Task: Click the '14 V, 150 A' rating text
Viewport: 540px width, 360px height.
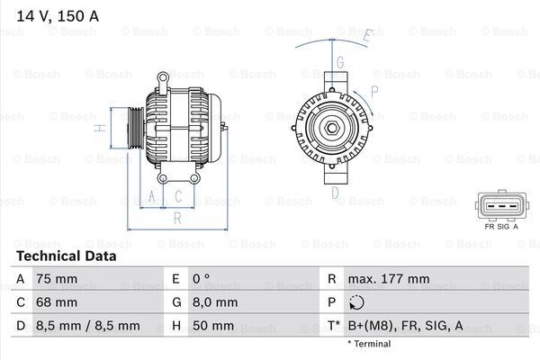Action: pyautogui.click(x=58, y=16)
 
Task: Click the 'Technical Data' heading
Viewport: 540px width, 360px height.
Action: pyautogui.click(x=67, y=256)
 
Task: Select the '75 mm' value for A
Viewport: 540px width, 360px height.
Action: pyautogui.click(x=57, y=279)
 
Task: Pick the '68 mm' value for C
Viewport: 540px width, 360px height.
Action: pyautogui.click(x=57, y=302)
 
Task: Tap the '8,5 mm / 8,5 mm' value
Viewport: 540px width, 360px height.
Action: pyautogui.click(x=88, y=326)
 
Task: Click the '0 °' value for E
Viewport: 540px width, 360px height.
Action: pyautogui.click(x=201, y=279)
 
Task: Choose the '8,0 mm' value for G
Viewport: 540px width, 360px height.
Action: pyautogui.click(x=215, y=302)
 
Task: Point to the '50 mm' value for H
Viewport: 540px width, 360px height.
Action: pyautogui.click(x=213, y=326)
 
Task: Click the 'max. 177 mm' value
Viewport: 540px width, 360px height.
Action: pyautogui.click(x=389, y=279)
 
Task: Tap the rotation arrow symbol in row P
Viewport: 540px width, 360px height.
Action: pyautogui.click(x=356, y=302)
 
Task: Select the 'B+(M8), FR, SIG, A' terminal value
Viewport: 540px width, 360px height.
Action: pyautogui.click(x=406, y=326)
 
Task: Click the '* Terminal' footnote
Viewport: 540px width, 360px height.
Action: pyautogui.click(x=369, y=344)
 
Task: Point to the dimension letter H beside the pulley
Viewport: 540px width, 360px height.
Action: pyautogui.click(x=100, y=128)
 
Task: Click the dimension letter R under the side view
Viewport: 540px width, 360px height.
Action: pyautogui.click(x=177, y=218)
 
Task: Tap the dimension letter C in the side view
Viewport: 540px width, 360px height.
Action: pyautogui.click(x=178, y=196)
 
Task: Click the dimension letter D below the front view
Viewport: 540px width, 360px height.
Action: pyautogui.click(x=335, y=193)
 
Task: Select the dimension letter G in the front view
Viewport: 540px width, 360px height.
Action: pyautogui.click(x=340, y=62)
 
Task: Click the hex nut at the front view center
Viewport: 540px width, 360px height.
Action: pyautogui.click(x=332, y=128)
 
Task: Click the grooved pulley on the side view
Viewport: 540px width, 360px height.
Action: pyautogui.click(x=136, y=128)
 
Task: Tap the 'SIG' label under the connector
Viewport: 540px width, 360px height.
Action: pyautogui.click(x=503, y=227)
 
